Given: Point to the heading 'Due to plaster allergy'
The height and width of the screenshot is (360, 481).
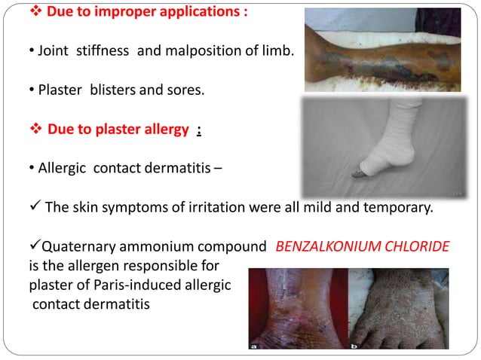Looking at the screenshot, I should tap(121, 129).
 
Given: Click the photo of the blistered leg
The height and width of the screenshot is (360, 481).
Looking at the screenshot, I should tap(381, 50).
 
